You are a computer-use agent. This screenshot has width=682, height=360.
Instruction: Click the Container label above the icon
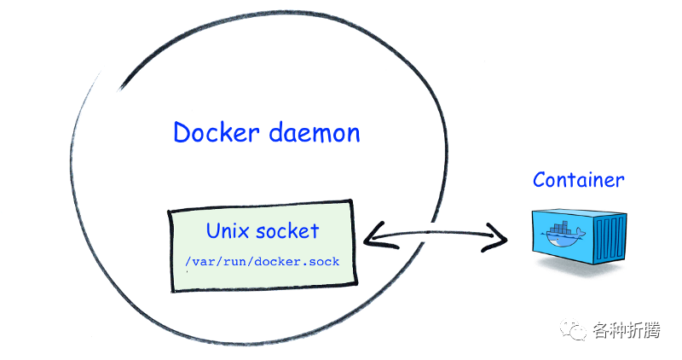578,180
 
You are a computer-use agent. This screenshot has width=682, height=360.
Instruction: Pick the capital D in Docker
182,133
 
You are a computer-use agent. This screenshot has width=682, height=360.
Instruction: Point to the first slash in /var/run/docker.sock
188,261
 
